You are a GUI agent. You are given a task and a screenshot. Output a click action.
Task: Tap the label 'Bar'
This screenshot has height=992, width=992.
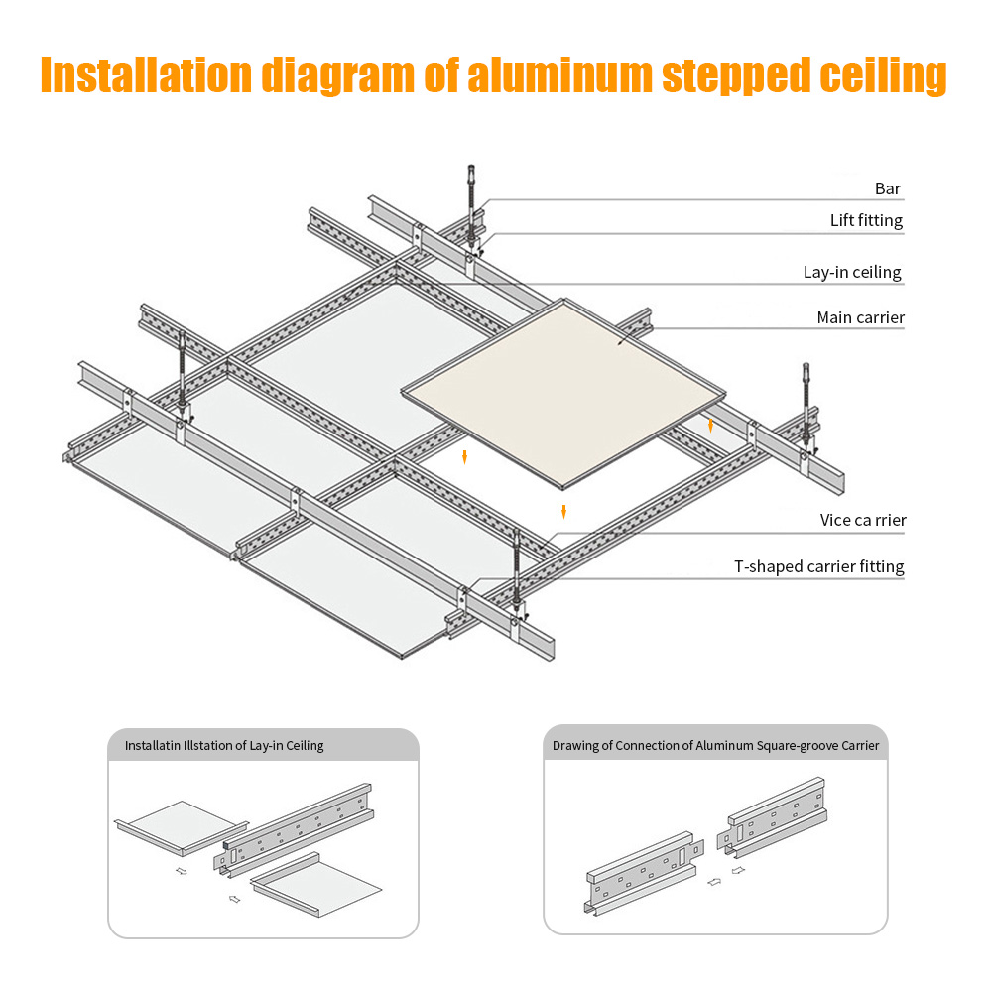pyautogui.click(x=888, y=188)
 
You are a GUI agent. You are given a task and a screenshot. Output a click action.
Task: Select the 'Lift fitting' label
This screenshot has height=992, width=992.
pyautogui.click(x=866, y=220)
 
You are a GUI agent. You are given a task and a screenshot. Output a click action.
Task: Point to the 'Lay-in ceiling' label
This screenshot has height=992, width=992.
pyautogui.click(x=852, y=272)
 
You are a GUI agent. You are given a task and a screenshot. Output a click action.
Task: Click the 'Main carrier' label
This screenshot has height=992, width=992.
pyautogui.click(x=860, y=317)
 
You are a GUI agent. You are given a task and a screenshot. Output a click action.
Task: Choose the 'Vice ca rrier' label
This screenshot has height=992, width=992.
pyautogui.click(x=863, y=520)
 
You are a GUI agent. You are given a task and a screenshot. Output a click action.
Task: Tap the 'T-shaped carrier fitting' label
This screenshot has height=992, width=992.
pyautogui.click(x=818, y=566)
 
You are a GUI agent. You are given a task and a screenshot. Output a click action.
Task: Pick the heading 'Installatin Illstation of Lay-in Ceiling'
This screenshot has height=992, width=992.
pyautogui.click(x=224, y=745)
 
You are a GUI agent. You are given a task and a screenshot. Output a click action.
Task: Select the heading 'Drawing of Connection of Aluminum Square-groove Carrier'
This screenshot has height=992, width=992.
pyautogui.click(x=715, y=745)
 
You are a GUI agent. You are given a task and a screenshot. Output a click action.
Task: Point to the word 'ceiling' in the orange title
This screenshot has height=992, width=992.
pyautogui.click(x=883, y=76)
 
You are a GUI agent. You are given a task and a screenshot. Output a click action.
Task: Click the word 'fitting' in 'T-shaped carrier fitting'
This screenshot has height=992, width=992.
pyautogui.click(x=881, y=566)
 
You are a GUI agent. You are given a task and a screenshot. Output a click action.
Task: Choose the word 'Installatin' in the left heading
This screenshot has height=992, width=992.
pyautogui.click(x=152, y=745)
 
